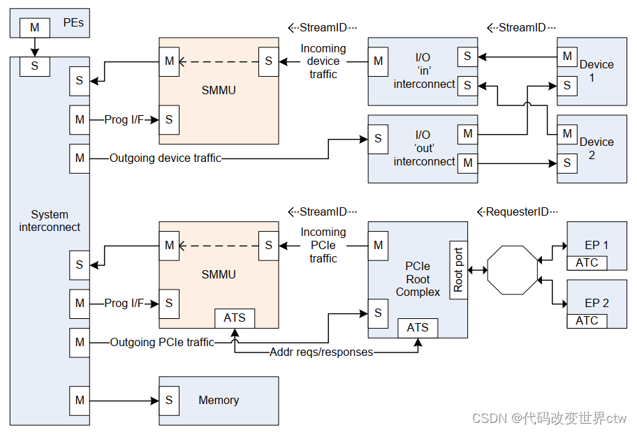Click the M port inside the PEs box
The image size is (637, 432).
(x=34, y=27)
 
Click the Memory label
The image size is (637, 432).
(x=219, y=400)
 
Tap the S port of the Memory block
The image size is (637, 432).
(x=169, y=401)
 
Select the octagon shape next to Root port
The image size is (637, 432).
(x=513, y=269)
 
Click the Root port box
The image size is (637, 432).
(x=458, y=270)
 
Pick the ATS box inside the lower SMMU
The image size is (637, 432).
(x=235, y=318)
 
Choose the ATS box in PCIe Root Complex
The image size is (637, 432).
(x=418, y=327)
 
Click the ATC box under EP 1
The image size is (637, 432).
(x=587, y=262)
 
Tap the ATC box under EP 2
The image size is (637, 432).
(x=587, y=320)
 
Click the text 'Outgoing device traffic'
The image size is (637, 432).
(x=166, y=158)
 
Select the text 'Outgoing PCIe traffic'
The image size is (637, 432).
(x=161, y=342)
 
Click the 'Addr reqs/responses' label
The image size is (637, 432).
(x=321, y=352)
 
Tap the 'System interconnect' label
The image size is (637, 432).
(x=50, y=221)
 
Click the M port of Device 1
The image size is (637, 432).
(x=567, y=56)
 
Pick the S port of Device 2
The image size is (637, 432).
(x=567, y=163)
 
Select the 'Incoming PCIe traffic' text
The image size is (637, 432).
(x=323, y=245)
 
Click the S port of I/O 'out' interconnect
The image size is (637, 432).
(x=378, y=138)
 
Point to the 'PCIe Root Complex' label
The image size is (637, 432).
(x=418, y=279)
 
